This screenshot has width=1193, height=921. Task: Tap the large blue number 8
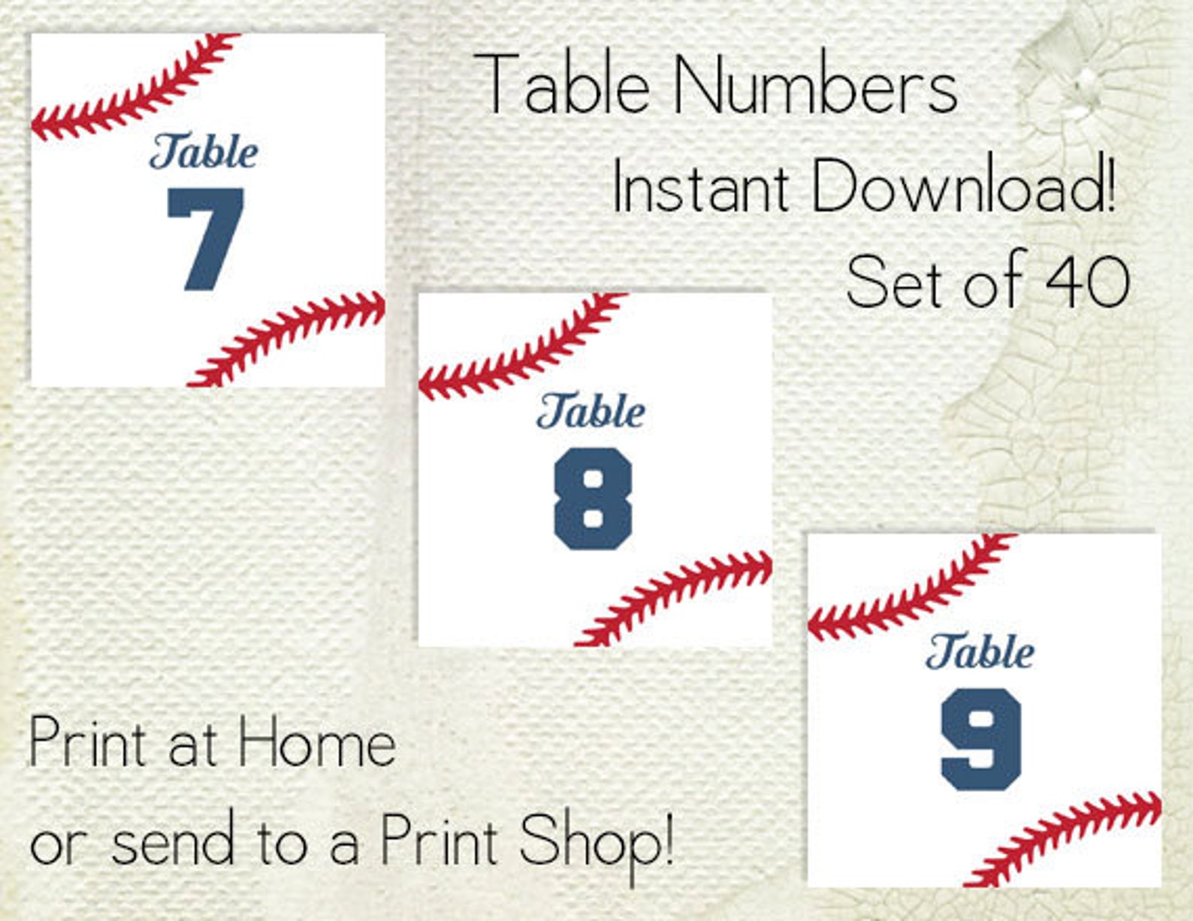point(593,499)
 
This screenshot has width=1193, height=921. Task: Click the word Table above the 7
point(204,152)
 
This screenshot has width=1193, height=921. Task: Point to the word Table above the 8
point(591,412)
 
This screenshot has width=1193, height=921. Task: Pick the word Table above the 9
point(980,651)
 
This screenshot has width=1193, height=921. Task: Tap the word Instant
point(701,186)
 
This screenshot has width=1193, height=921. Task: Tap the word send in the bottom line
point(173,842)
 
